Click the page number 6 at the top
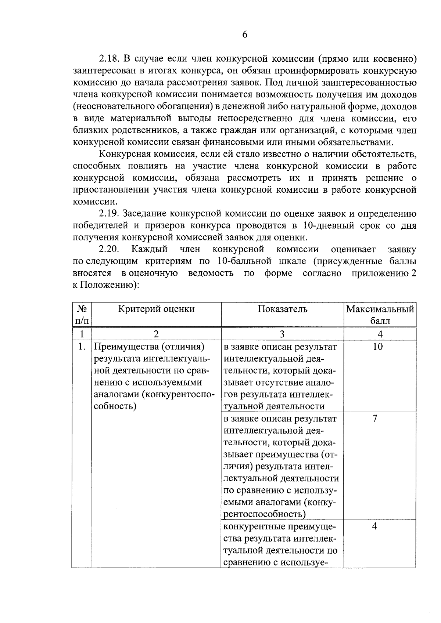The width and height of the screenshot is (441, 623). (245, 35)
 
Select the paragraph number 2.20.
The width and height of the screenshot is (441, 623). (109, 249)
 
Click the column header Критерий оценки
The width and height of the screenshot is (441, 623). (156, 309)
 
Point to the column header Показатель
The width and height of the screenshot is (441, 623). (282, 309)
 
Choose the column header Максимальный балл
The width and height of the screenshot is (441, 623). (380, 315)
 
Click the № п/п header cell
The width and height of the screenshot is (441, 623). (82, 315)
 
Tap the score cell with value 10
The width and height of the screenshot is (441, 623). (377, 347)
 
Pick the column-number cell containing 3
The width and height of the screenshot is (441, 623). (282, 334)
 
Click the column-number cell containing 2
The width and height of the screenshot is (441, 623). (156, 334)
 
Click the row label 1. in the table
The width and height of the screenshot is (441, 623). (82, 347)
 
